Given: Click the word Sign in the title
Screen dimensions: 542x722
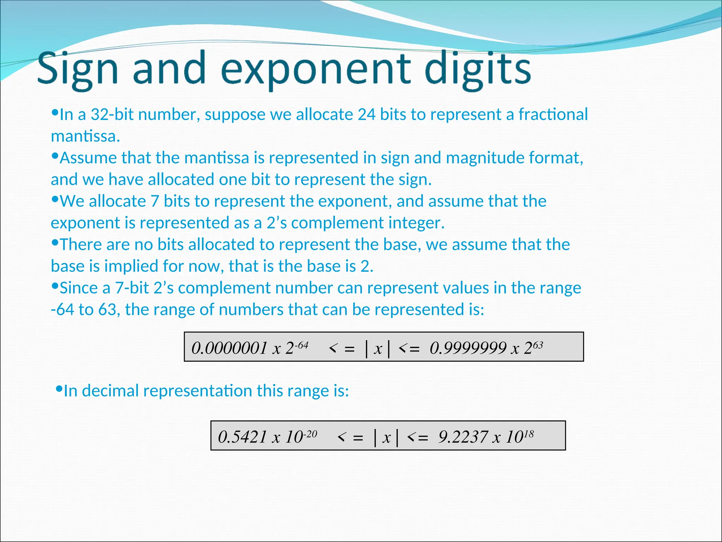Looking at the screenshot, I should [x=77, y=69].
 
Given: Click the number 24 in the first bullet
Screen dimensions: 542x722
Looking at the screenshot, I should [x=367, y=114].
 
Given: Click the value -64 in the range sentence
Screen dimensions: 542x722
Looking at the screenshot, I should [x=62, y=309].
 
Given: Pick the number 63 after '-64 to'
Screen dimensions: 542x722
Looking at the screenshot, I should [x=108, y=309].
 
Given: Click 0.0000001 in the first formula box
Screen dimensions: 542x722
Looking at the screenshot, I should [x=229, y=348].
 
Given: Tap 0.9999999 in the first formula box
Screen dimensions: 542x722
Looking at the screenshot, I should [x=468, y=348].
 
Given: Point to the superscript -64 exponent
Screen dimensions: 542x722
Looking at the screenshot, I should [x=301, y=345].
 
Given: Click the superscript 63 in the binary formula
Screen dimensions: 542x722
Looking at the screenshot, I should [x=538, y=345].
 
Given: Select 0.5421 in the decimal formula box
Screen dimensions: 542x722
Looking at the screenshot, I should [x=243, y=437].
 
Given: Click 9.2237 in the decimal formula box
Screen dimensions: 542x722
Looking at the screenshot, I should [x=463, y=437].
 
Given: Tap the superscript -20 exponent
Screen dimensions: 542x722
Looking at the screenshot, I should [x=310, y=434].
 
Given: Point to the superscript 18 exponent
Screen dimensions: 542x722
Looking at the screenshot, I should [x=529, y=434].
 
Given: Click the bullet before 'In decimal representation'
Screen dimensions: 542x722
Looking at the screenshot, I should [x=59, y=389].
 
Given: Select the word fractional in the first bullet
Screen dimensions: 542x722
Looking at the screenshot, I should [x=553, y=114].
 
